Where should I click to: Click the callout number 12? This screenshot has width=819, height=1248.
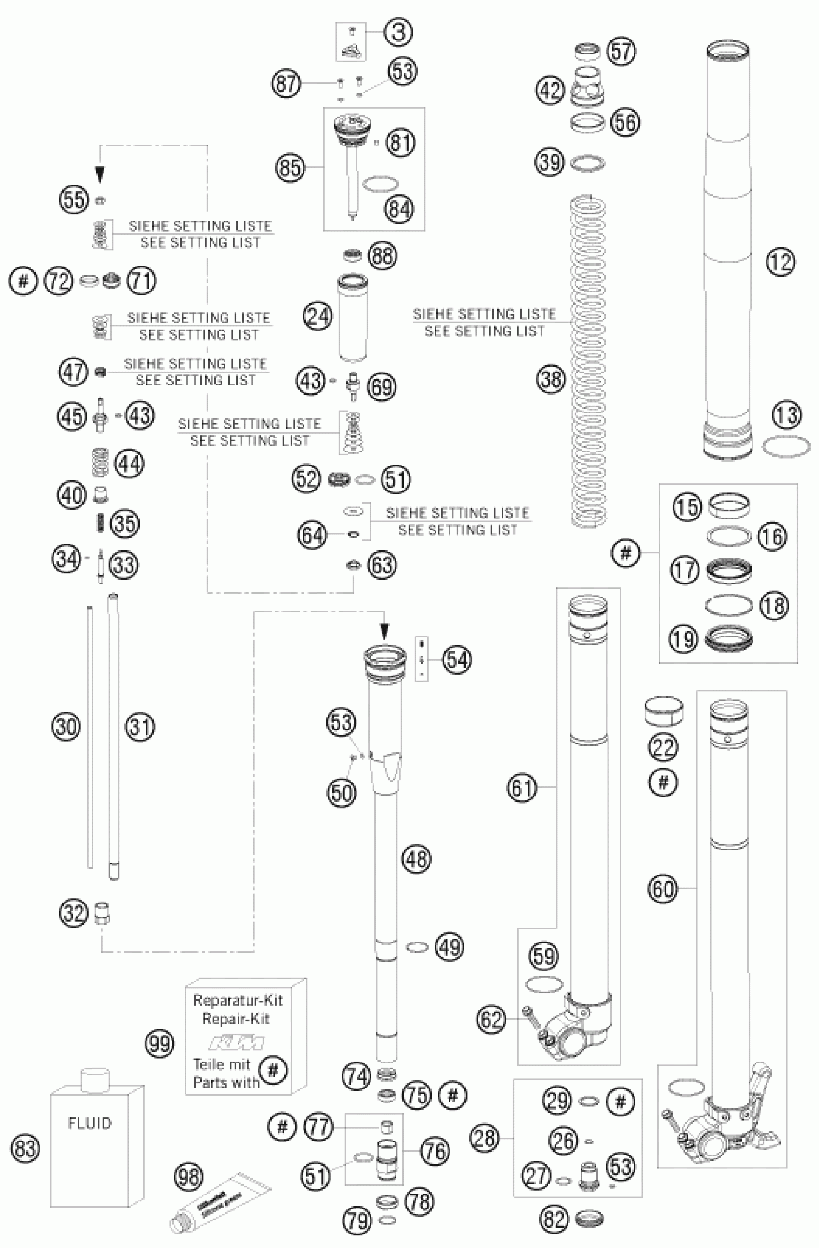pyautogui.click(x=780, y=261)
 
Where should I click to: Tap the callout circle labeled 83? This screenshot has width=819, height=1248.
pyautogui.click(x=25, y=1149)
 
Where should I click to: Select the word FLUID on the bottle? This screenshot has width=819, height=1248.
pyautogui.click(x=90, y=1123)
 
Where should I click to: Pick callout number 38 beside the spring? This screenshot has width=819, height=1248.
pyautogui.click(x=551, y=379)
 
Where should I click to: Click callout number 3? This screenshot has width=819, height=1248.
pyautogui.click(x=398, y=32)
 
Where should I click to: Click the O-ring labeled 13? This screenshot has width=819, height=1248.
pyautogui.click(x=785, y=447)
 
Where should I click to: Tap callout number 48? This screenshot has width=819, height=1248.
pyautogui.click(x=416, y=859)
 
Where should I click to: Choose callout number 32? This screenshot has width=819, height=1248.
pyautogui.click(x=73, y=913)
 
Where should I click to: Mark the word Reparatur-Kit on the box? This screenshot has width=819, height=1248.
pyautogui.click(x=238, y=1000)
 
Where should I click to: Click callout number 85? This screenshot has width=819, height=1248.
pyautogui.click(x=290, y=168)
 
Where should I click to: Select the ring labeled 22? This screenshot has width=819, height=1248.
pyautogui.click(x=663, y=711)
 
